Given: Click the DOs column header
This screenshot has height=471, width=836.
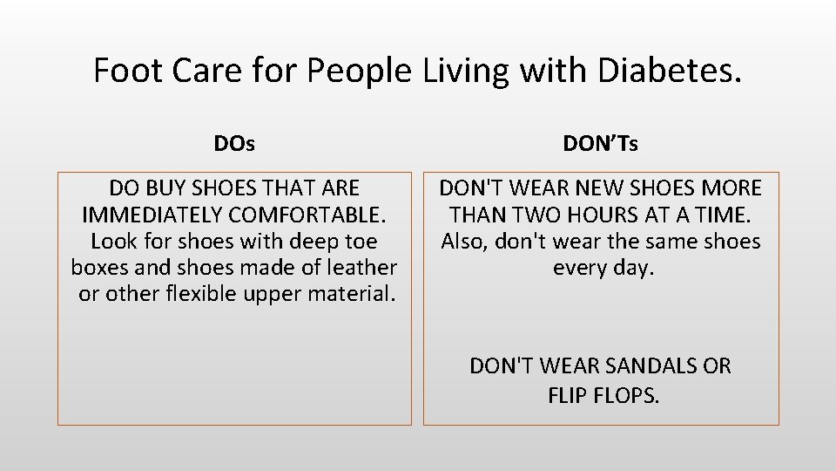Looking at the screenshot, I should pyautogui.click(x=234, y=144).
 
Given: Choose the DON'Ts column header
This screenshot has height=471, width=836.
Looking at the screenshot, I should pyautogui.click(x=600, y=144).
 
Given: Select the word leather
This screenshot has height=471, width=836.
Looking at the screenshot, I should pyautogui.click(x=361, y=268).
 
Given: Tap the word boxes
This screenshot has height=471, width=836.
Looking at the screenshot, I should pyautogui.click(x=99, y=268).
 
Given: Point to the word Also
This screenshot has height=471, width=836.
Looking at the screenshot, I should pyautogui.click(x=465, y=242).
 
